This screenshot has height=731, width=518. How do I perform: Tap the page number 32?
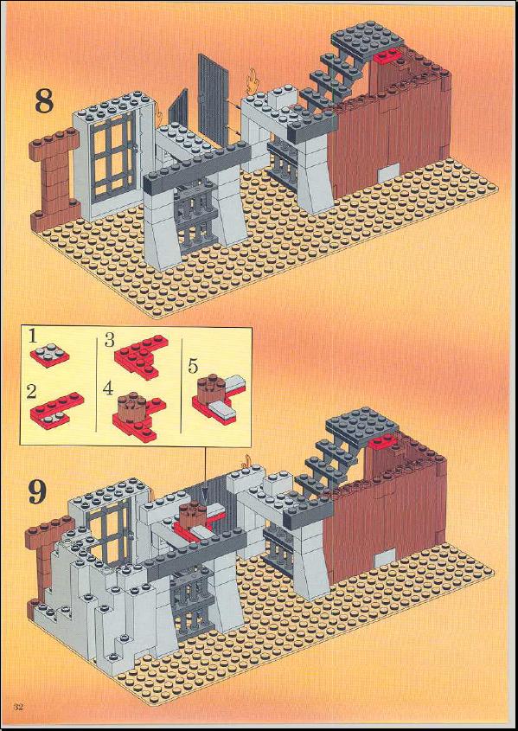point(19,719)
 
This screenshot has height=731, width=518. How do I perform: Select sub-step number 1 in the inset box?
point(32,337)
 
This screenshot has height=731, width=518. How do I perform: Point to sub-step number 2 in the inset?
point(31,391)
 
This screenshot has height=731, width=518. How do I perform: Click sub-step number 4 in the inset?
point(109,388)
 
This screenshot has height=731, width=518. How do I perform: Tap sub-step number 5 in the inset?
point(192,367)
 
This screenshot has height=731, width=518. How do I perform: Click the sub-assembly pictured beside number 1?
point(50,356)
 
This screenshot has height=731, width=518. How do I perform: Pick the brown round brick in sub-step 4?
point(131,405)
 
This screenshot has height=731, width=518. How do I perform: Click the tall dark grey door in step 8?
point(214,99)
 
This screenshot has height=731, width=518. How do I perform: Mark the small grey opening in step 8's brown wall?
point(388,173)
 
